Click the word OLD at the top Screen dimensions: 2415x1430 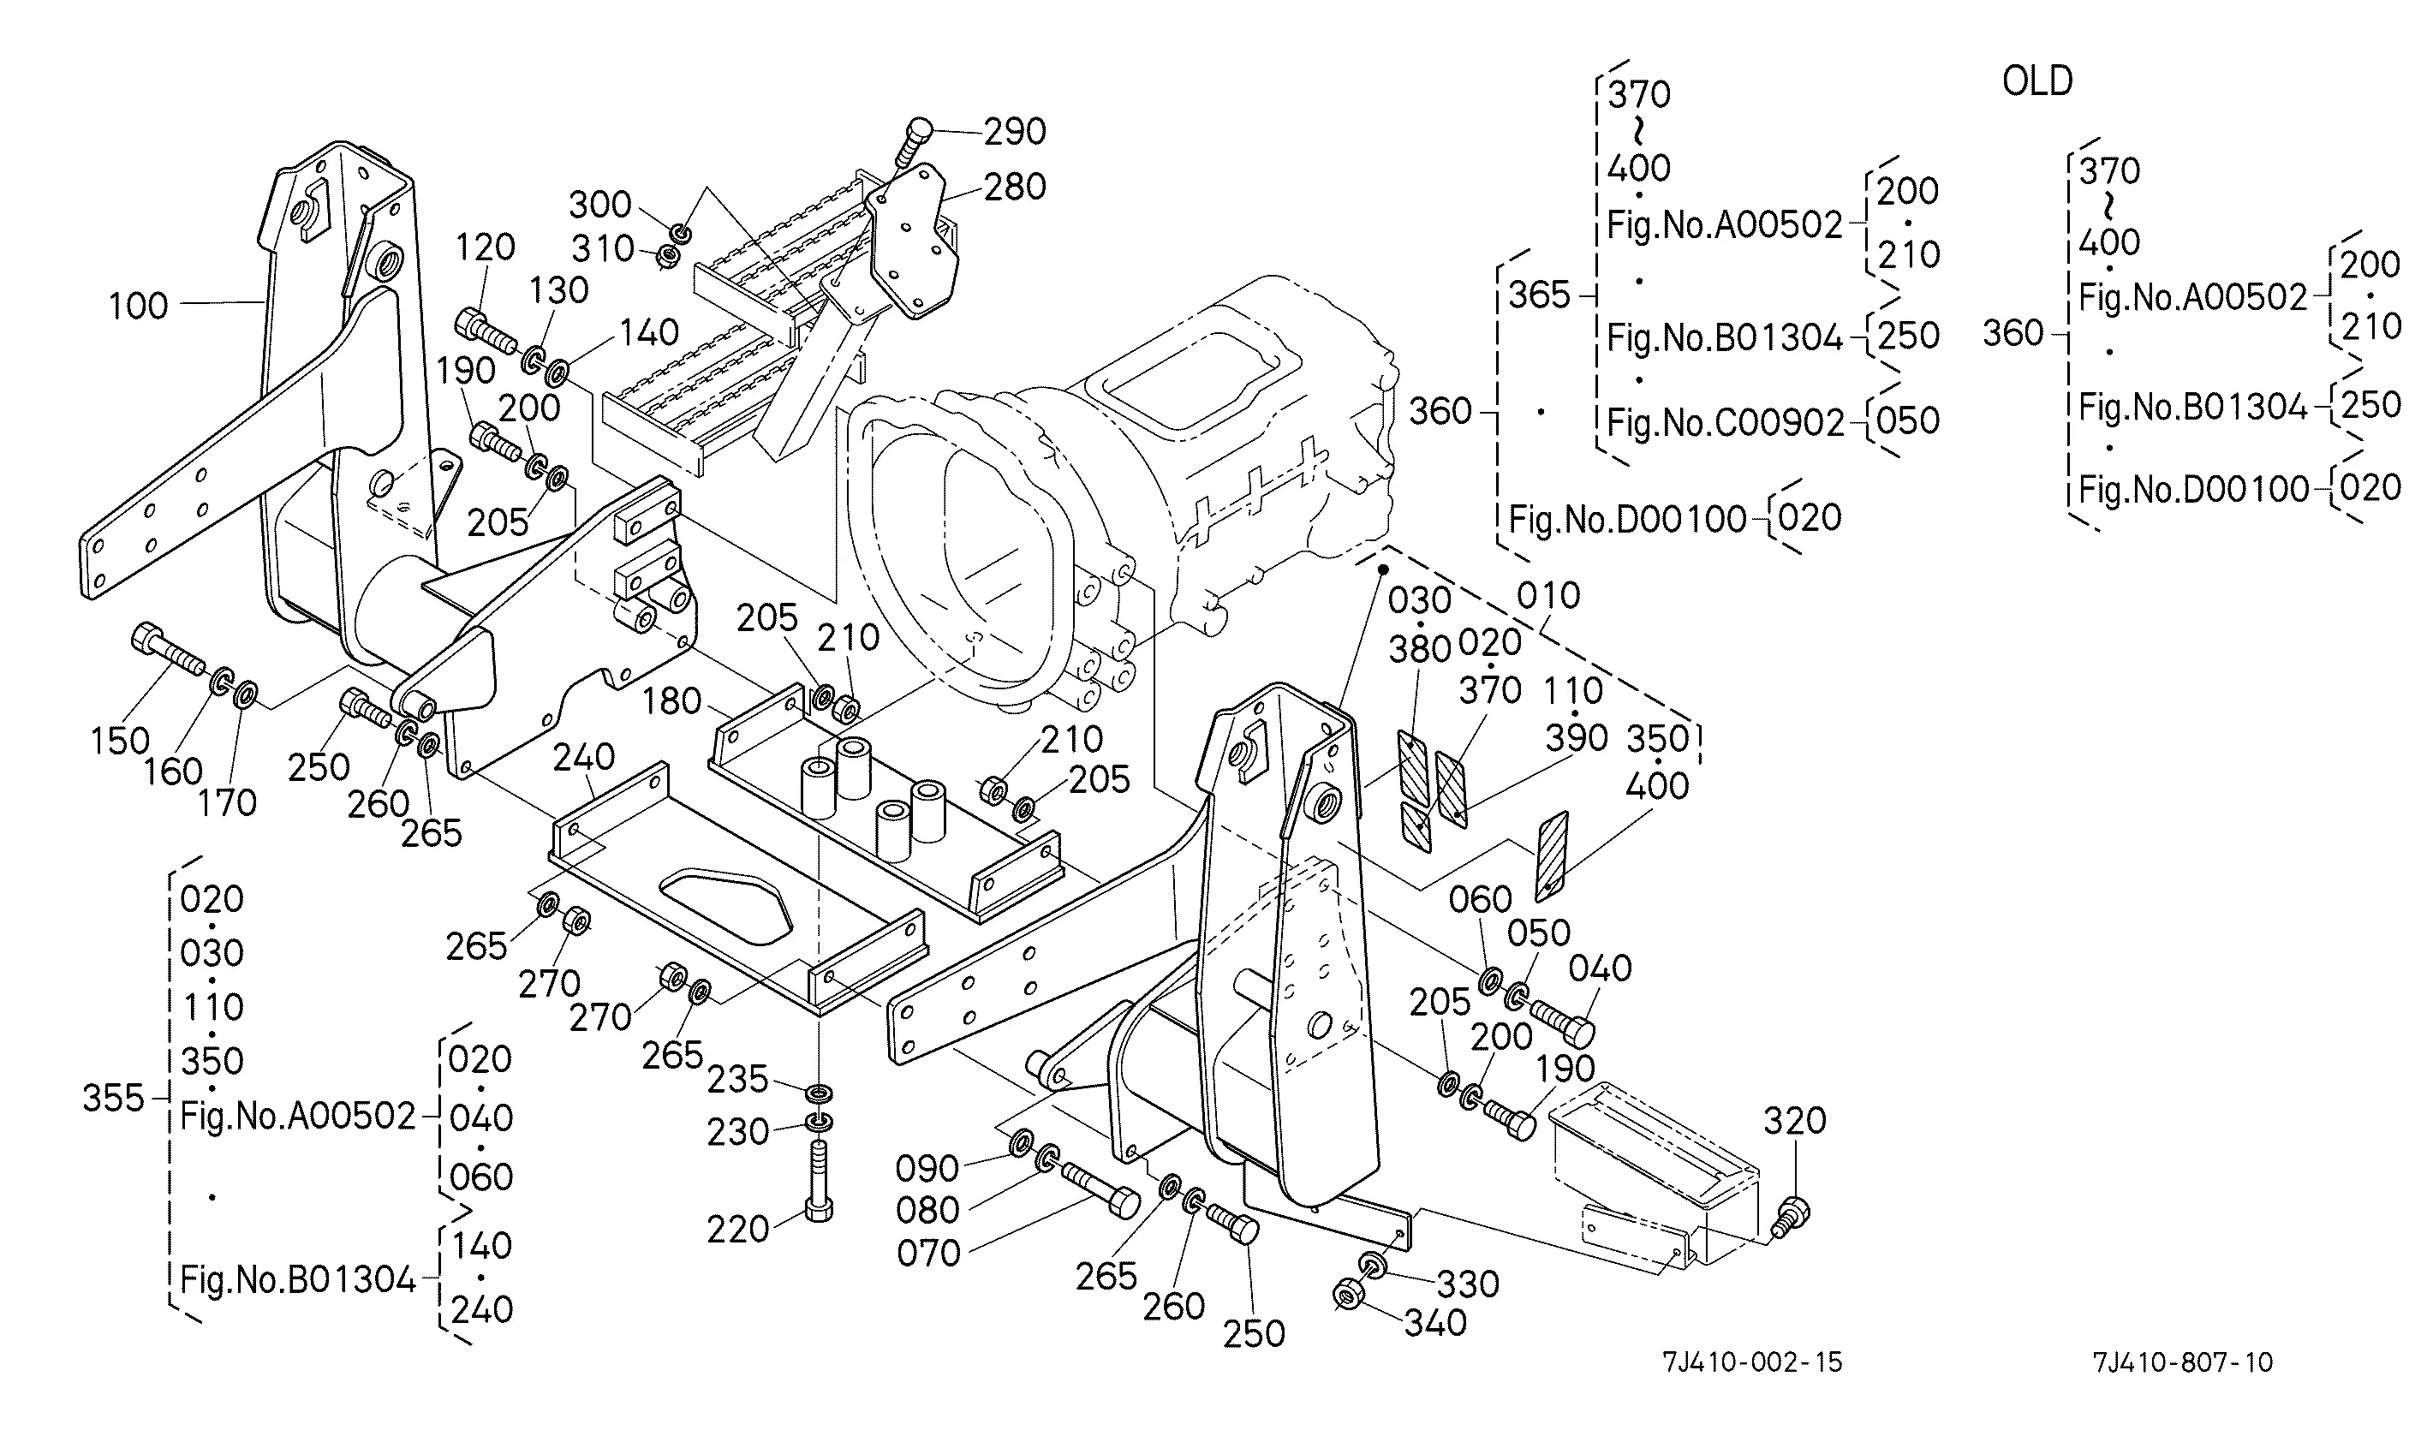point(2037,81)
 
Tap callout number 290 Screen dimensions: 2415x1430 point(1015,131)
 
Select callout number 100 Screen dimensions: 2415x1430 point(139,306)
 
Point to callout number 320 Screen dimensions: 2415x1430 point(1794,1120)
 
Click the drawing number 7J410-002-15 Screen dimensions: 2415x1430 point(1752,1361)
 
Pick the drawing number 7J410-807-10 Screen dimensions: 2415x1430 point(2183,1361)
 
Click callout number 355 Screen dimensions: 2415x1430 point(113,1098)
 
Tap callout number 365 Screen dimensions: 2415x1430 point(1539,295)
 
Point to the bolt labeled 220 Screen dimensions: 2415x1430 point(818,1181)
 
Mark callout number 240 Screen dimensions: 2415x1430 point(583,758)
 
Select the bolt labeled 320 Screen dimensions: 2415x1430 point(1791,1216)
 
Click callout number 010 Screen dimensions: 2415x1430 point(1547,595)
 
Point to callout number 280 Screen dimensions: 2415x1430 point(1015,187)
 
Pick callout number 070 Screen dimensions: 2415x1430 point(929,1253)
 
